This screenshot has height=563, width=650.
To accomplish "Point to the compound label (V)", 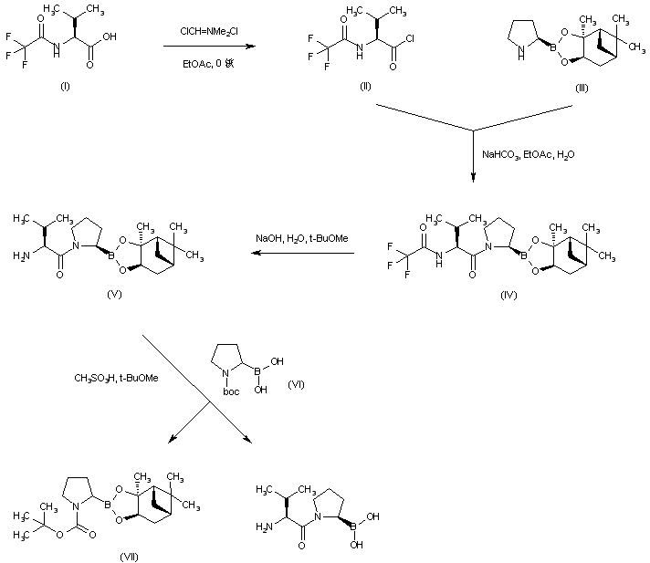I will [114, 295].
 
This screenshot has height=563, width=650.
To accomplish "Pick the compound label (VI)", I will [295, 385].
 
